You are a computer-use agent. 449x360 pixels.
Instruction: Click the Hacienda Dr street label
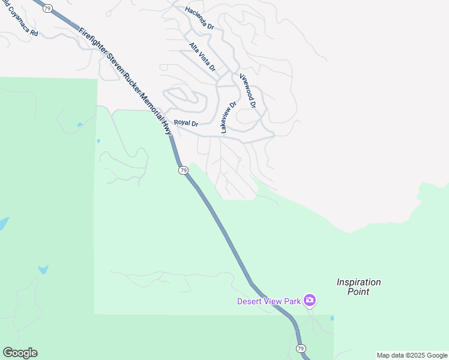point(199,17)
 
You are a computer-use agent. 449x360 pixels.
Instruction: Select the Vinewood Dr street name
point(247,91)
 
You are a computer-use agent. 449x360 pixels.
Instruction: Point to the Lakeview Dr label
point(229,116)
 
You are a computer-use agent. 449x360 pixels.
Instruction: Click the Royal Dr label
point(186,123)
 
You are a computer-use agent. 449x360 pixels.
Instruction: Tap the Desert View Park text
point(268,301)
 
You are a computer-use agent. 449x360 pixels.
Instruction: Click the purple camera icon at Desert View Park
point(310,300)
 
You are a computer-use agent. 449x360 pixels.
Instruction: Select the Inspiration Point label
point(358,287)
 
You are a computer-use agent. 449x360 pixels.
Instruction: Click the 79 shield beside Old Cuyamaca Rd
point(48,8)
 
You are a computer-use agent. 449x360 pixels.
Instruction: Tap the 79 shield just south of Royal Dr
point(184,170)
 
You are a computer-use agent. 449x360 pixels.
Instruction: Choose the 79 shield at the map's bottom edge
point(301,348)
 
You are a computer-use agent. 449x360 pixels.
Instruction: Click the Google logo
point(20,353)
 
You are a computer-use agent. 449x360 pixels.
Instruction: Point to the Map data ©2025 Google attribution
point(412,355)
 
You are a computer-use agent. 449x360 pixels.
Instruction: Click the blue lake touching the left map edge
point(3,224)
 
